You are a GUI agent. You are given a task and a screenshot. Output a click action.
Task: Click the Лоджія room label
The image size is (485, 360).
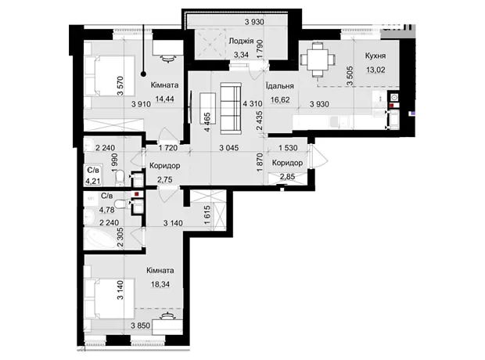[x=241, y=41]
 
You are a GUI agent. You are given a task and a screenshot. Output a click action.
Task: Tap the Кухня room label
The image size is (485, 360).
[x=375, y=56]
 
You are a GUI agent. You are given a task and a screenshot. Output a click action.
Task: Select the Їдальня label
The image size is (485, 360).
[x=280, y=86]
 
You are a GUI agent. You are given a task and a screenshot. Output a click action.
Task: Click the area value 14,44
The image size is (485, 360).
[x=165, y=99]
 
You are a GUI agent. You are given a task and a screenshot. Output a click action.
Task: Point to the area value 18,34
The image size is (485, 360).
[x=160, y=284]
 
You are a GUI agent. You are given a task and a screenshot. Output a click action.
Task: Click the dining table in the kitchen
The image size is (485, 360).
[x=317, y=59]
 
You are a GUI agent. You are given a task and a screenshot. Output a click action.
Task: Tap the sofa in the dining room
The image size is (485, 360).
[x=231, y=108]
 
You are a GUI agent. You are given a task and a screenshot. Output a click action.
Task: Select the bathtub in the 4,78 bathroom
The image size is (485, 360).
[x=99, y=238]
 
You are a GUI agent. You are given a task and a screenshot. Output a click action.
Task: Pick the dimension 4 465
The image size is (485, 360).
[x=207, y=122]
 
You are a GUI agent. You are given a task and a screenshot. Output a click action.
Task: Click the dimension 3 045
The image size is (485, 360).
[x=229, y=148]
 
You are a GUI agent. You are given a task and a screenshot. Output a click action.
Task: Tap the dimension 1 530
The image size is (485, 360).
[x=288, y=148]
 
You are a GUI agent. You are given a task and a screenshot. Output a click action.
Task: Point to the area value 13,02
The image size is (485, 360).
[x=375, y=70]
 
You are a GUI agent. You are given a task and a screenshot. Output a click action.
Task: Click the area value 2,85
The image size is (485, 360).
[x=287, y=177]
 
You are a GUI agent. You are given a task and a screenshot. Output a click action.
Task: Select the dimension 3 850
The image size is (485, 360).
[x=141, y=326]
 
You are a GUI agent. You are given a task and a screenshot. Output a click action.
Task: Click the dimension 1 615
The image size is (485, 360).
[x=207, y=214]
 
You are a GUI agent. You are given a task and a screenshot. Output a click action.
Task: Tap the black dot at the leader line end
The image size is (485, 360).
[x=143, y=74]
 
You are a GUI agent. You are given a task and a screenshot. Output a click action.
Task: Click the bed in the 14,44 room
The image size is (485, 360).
[x=110, y=76]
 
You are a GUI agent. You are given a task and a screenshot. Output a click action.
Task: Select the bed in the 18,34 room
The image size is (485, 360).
[x=110, y=298]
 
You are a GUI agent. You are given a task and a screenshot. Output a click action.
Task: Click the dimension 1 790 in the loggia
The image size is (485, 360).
[x=259, y=49]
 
